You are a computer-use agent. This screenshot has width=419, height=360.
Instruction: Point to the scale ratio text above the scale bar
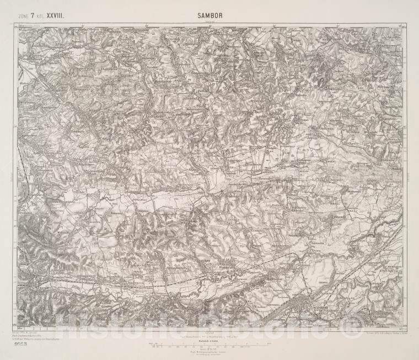209,341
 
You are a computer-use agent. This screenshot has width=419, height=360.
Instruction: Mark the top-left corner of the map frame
18,24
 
